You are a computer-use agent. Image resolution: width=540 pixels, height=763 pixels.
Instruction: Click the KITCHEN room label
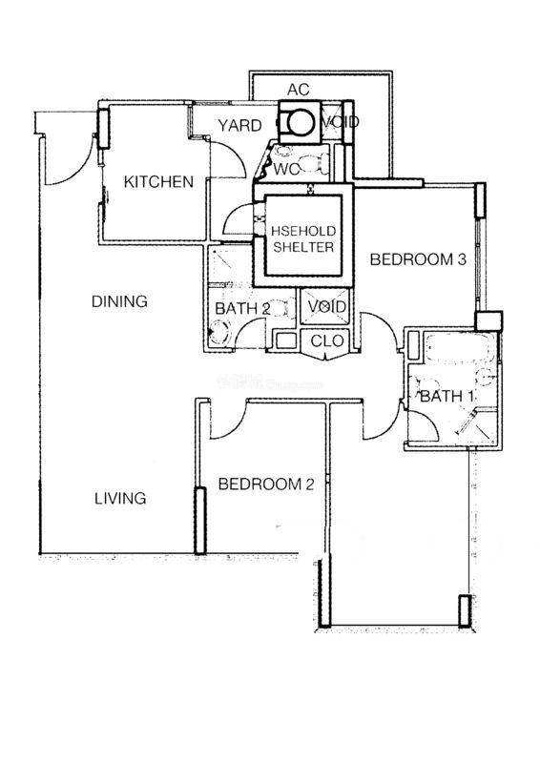click(x=158, y=182)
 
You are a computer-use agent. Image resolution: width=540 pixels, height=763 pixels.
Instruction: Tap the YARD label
click(x=239, y=126)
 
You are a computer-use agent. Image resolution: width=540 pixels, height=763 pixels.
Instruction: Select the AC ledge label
click(x=299, y=90)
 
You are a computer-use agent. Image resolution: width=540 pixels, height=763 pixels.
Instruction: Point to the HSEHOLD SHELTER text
click(x=303, y=239)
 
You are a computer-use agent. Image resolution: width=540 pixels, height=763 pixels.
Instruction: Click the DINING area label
click(x=119, y=301)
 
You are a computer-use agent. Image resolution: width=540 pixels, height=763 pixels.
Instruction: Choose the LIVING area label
click(x=120, y=498)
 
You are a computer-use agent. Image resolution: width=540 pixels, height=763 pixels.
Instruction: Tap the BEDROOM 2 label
click(x=266, y=485)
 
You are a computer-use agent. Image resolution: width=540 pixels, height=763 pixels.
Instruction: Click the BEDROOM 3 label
click(x=418, y=259)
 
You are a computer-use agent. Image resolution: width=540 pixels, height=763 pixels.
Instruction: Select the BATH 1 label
click(x=447, y=397)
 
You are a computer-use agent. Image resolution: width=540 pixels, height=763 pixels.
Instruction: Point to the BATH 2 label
click(x=242, y=308)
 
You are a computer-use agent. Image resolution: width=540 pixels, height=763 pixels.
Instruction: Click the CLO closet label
click(x=327, y=340)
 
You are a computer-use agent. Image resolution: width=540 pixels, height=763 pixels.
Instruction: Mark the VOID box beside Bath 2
click(x=325, y=306)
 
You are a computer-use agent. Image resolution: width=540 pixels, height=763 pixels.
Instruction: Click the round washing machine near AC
click(x=300, y=122)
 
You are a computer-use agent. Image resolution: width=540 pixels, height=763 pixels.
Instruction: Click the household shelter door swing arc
click(x=233, y=217)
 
